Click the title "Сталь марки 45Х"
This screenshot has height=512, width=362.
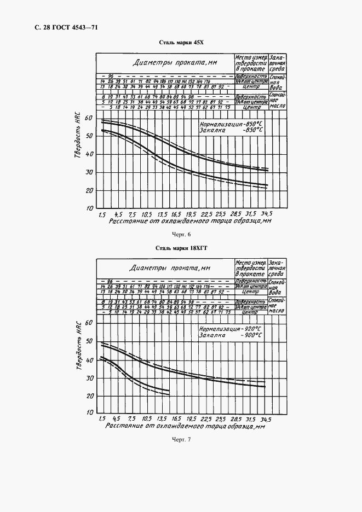click(x=181, y=43)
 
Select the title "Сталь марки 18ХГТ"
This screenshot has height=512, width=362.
click(x=181, y=248)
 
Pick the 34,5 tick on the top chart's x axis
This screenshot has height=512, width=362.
click(x=266, y=214)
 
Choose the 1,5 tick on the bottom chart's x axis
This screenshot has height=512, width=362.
click(x=102, y=418)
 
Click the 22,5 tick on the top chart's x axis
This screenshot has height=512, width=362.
click(x=206, y=214)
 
